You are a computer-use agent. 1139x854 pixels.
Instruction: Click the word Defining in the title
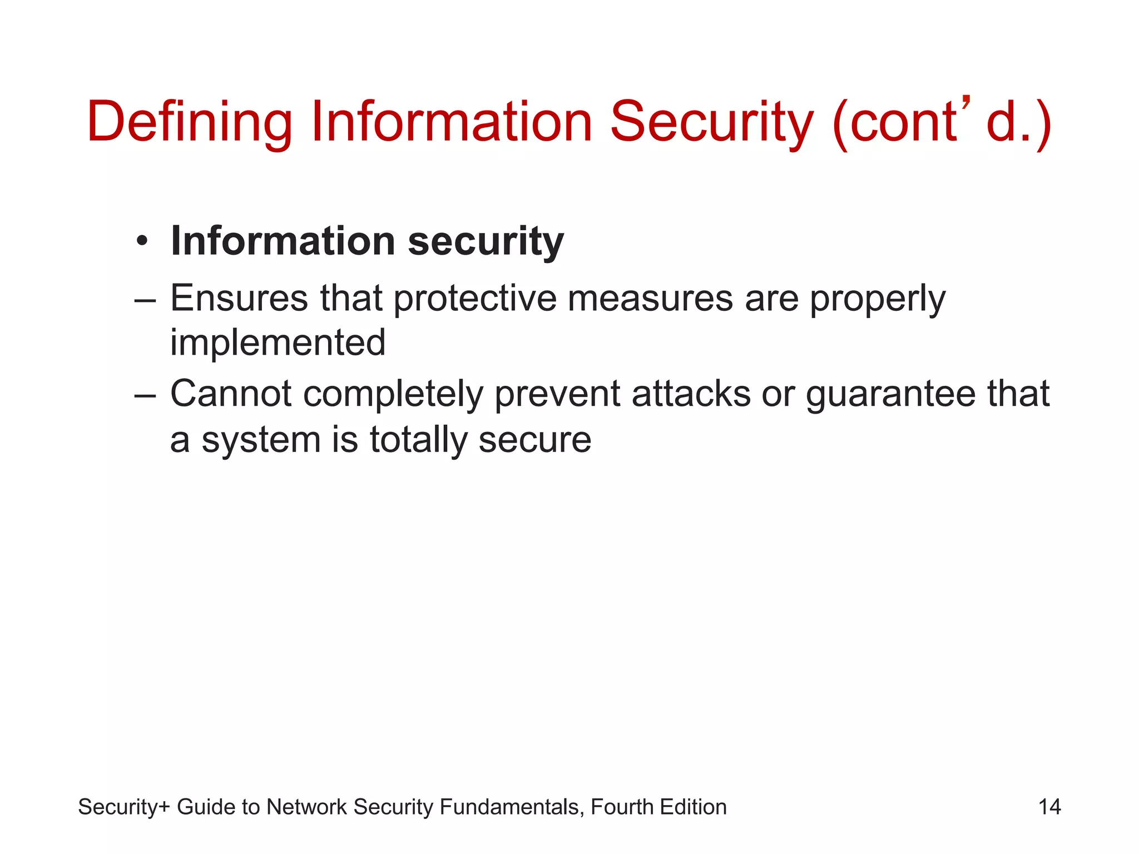coord(189,122)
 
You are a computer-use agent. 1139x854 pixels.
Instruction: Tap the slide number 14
coord(1049,807)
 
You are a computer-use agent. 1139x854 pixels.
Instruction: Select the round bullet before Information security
coord(142,242)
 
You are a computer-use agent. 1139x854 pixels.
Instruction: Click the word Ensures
coord(239,298)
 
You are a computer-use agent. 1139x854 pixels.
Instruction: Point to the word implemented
coord(278,342)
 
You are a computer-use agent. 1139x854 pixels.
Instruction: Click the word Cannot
coord(230,394)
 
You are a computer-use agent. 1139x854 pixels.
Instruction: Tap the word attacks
coord(691,394)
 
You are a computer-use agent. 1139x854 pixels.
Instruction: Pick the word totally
coord(418,440)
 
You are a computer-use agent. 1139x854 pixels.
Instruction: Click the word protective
coord(475,299)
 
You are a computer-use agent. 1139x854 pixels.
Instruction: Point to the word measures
coord(650,299)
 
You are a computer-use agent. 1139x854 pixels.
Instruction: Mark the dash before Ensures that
coord(146,299)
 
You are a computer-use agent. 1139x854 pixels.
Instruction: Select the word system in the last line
coord(261,441)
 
